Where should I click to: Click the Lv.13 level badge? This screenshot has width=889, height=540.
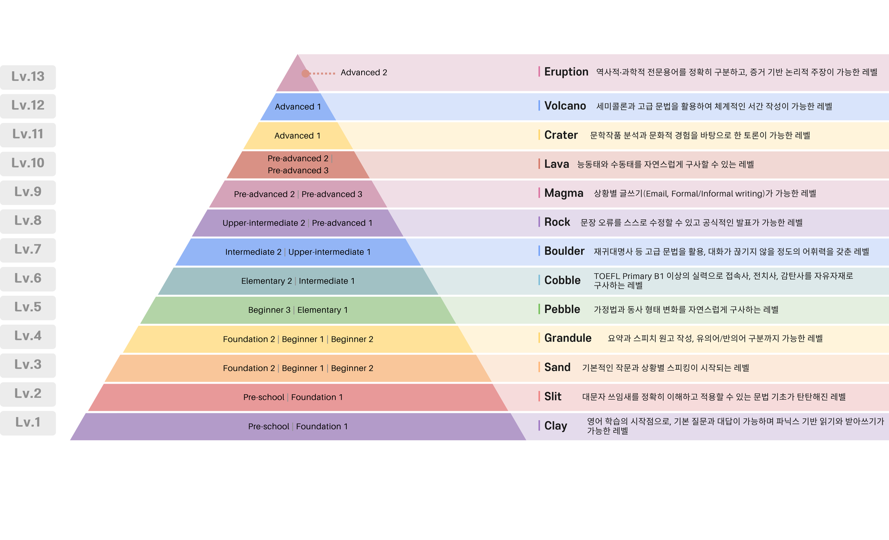[28, 77]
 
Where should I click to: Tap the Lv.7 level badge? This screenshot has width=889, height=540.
[28, 250]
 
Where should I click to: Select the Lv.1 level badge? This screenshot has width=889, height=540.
[28, 422]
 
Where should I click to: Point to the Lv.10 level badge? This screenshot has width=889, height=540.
[28, 163]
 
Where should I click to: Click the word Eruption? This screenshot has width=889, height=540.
[566, 72]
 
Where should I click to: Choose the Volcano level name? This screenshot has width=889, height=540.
[565, 106]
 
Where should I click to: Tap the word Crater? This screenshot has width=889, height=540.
[561, 135]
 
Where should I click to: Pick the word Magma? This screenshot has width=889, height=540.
[563, 193]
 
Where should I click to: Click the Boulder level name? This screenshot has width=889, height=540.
[564, 251]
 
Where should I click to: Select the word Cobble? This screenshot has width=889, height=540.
[562, 280]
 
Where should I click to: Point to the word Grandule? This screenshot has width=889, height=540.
[568, 338]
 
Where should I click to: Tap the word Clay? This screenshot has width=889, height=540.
[556, 426]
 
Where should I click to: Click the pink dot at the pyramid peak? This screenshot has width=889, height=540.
[306, 73]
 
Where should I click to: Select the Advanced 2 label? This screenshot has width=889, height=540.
[363, 73]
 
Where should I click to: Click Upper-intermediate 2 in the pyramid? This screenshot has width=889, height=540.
[263, 223]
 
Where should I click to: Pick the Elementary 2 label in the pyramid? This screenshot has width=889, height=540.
[266, 281]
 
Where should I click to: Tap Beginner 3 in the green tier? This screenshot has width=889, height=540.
[269, 310]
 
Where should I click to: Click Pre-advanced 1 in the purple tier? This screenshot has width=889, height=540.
[342, 223]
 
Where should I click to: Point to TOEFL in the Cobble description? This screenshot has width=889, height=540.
[607, 276]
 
